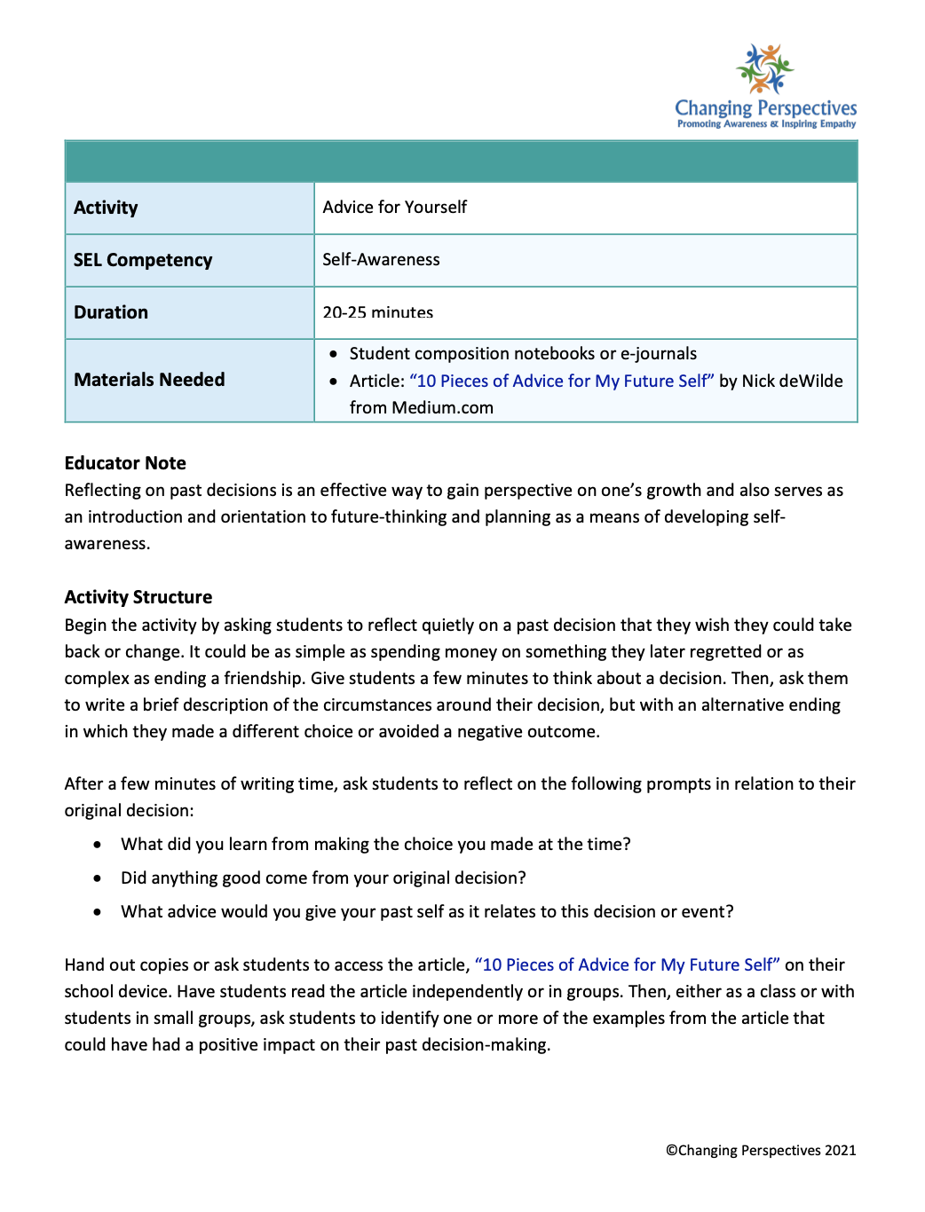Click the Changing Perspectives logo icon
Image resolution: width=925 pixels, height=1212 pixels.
(764, 69)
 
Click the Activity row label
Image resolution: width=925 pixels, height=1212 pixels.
(106, 208)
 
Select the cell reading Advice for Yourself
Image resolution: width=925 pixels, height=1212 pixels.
(394, 208)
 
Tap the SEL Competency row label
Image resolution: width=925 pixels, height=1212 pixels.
(143, 260)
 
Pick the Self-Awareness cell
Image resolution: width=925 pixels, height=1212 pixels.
(381, 260)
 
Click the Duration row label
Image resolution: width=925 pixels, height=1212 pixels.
(111, 312)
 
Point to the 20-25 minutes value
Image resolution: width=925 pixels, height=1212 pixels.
(377, 312)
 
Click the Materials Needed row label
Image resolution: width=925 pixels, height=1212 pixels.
(149, 380)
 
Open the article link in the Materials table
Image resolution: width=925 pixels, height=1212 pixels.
(561, 381)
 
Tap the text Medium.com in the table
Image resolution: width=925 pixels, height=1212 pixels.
(442, 407)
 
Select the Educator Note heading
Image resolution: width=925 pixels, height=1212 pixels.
(125, 463)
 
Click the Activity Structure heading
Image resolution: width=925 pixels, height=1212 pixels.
(138, 597)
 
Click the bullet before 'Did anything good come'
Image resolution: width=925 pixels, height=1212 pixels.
(98, 878)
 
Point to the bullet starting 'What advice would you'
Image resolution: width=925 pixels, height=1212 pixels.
(426, 912)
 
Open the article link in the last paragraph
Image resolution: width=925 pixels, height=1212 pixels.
(627, 964)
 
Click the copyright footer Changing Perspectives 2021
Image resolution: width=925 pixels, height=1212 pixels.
(761, 1150)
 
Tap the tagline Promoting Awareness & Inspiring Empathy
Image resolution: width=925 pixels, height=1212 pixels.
(766, 124)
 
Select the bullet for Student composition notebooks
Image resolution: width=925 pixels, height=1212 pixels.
(333, 354)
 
